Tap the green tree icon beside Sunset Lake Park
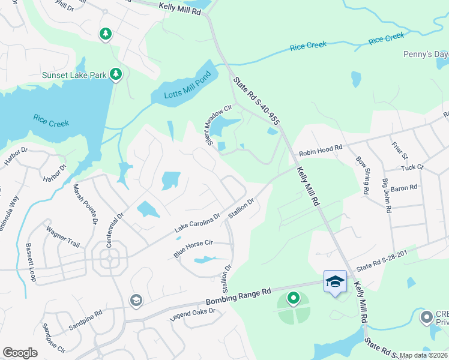click(x=116, y=74)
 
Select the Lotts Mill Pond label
click(x=181, y=91)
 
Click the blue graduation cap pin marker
click(x=335, y=281)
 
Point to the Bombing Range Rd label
click(x=238, y=296)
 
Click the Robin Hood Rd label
click(x=321, y=150)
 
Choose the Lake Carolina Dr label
click(x=197, y=223)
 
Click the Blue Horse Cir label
click(x=193, y=249)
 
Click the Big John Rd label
click(x=387, y=197)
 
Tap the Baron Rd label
click(x=403, y=188)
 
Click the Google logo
click(x=20, y=352)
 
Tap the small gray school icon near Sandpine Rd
click(x=136, y=300)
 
